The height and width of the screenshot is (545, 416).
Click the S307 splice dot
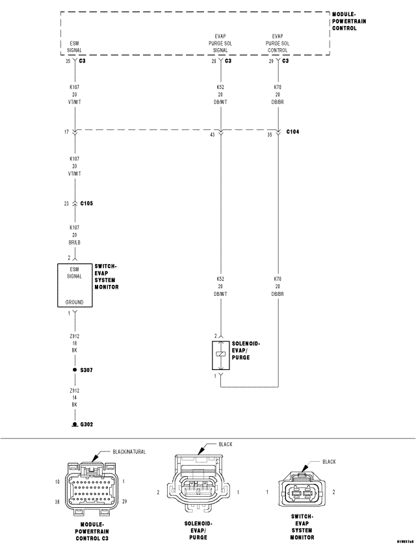[x=75, y=369]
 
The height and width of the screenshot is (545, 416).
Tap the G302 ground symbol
[x=75, y=424]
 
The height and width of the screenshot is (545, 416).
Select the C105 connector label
[x=86, y=204]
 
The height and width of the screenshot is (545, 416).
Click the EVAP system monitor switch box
[x=75, y=285]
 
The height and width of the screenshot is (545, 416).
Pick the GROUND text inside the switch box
[x=75, y=302]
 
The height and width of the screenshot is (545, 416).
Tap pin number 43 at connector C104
[x=212, y=135]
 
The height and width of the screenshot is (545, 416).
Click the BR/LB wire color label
[x=75, y=242]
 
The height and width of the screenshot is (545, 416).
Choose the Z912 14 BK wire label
[x=75, y=397]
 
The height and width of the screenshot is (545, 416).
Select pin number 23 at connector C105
[x=67, y=204]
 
